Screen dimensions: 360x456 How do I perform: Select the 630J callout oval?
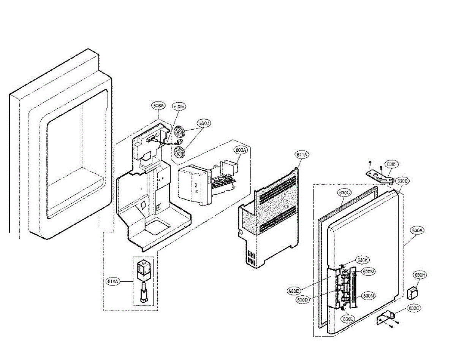point(204,123)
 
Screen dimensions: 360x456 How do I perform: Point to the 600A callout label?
point(241,150)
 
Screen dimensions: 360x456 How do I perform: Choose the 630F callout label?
point(392,164)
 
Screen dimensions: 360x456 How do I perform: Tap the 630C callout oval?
point(344,193)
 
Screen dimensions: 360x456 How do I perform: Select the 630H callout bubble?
point(420,275)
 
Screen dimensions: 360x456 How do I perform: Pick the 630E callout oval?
point(294,291)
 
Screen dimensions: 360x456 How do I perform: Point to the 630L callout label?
point(348,319)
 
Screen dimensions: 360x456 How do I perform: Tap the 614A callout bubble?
point(114,281)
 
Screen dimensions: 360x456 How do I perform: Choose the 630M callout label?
point(368,271)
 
